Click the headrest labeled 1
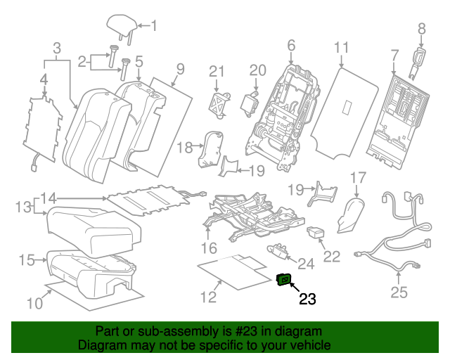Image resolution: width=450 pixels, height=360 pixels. pyautogui.click(x=120, y=26)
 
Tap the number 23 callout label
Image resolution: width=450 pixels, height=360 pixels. pyautogui.click(x=308, y=300)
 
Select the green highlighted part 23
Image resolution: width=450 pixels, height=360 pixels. pyautogui.click(x=284, y=281)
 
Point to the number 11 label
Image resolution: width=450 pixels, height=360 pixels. pyautogui.click(x=341, y=48)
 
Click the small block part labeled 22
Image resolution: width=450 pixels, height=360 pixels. pyautogui.click(x=316, y=231)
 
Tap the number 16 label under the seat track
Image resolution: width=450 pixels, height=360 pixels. pyautogui.click(x=209, y=247)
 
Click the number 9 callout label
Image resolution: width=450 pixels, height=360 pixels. pyautogui.click(x=180, y=68)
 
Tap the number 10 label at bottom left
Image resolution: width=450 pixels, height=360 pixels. pyautogui.click(x=34, y=303)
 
